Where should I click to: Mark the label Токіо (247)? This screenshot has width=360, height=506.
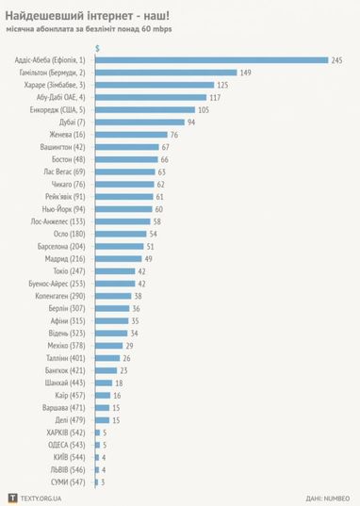[69, 269]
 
